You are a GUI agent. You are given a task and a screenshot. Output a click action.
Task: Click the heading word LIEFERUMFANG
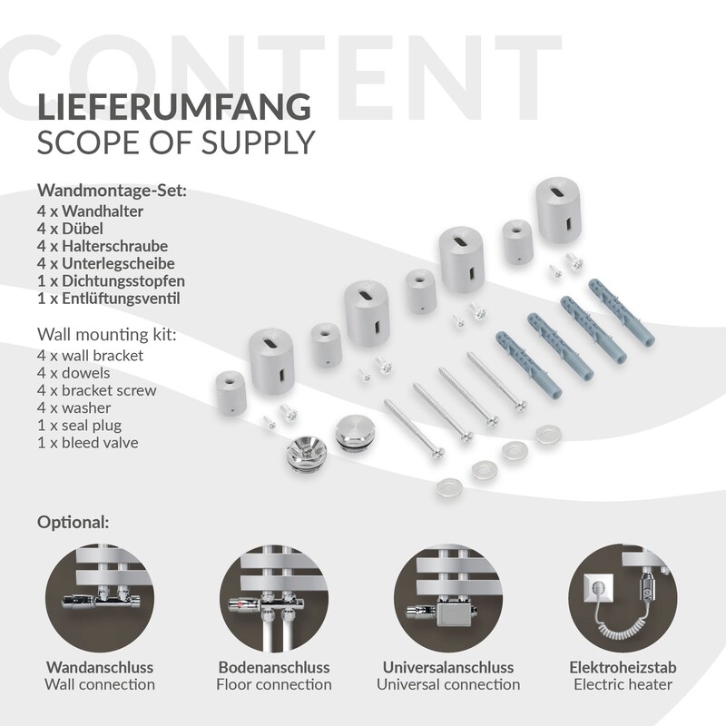174,107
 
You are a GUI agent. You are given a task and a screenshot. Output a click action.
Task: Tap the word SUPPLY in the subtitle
259,142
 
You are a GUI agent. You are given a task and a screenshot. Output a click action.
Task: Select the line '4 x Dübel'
70,229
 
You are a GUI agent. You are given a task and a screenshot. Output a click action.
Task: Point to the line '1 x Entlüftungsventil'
108,299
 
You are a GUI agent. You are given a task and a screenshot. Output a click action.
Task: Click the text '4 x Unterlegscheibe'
106,263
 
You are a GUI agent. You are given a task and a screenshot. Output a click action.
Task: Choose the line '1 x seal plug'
80,425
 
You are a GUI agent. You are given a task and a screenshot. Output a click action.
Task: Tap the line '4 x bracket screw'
97,390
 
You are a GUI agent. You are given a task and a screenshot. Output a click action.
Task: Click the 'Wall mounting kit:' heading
106,334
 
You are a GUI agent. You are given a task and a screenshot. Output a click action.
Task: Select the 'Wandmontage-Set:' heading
112,191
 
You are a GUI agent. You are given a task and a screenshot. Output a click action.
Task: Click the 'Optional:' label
74,523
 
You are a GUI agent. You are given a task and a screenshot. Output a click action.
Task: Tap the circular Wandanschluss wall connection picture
100,598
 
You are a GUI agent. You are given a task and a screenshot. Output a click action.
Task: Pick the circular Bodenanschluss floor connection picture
274,598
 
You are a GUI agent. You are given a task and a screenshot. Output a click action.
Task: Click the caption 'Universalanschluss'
448,667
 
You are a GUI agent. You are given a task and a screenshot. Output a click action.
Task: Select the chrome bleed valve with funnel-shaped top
307,452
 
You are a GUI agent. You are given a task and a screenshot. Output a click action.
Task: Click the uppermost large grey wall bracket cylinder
558,210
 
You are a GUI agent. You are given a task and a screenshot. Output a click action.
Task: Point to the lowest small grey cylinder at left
231,393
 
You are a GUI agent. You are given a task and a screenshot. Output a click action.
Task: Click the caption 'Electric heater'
623,684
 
